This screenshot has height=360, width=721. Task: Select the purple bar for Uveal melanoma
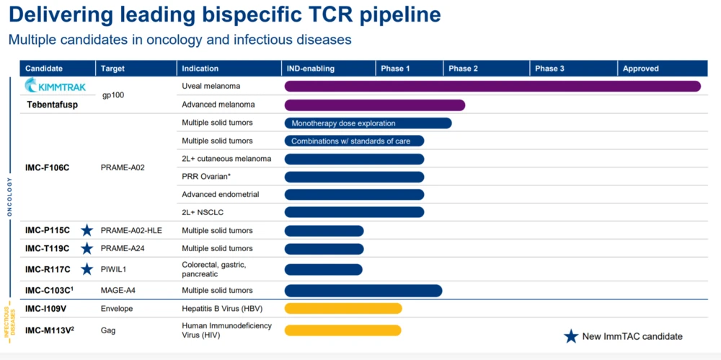click(492, 87)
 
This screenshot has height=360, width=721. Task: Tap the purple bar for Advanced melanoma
click(375, 105)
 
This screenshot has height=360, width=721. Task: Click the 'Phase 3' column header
click(549, 69)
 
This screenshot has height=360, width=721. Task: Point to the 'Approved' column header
click(640, 69)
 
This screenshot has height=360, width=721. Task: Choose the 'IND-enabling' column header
click(311, 69)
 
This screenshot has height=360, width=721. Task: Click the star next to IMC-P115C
click(87, 230)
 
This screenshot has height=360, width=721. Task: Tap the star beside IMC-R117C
click(87, 269)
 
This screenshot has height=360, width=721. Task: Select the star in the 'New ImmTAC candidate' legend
click(571, 336)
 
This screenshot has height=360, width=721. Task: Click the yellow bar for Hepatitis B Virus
click(343, 309)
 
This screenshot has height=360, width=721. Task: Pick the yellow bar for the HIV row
click(343, 330)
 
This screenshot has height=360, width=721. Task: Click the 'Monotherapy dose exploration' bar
click(368, 123)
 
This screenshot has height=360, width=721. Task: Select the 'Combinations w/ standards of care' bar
click(354, 141)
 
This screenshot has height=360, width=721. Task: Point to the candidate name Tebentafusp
click(53, 105)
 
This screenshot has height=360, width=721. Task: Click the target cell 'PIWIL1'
click(114, 269)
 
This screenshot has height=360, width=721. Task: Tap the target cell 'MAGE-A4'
click(118, 291)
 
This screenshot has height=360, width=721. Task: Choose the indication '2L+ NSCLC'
click(203, 212)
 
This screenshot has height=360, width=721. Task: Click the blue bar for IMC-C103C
click(363, 291)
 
